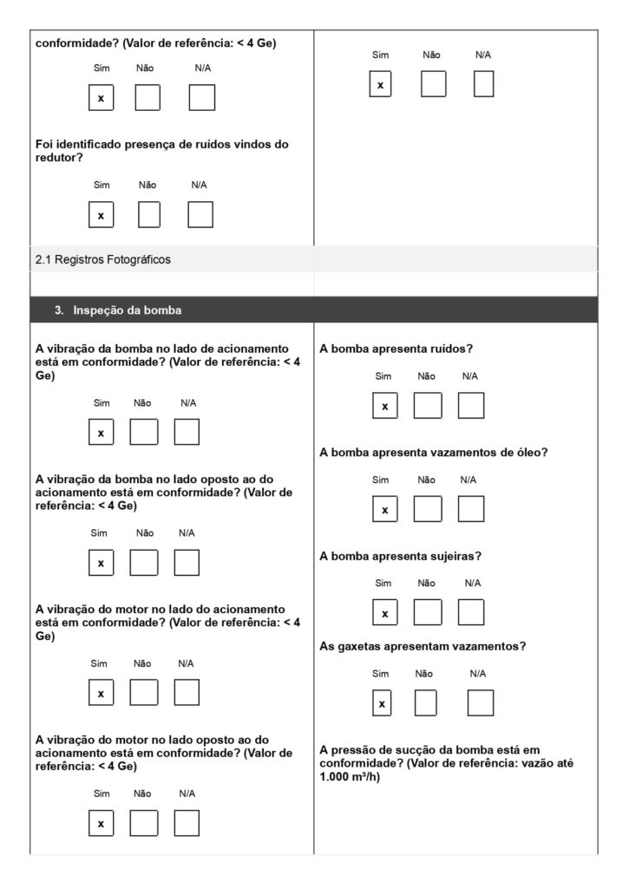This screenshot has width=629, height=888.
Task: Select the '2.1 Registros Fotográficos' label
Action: (x=103, y=259)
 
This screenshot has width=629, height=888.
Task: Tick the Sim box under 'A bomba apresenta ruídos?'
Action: (x=385, y=406)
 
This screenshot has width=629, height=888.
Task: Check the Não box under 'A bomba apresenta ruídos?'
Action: (x=427, y=406)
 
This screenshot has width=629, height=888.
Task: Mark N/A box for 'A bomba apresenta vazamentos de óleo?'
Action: (x=471, y=509)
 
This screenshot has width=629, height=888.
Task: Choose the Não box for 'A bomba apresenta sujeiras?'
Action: (x=427, y=612)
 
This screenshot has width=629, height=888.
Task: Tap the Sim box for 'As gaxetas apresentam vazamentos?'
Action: (x=382, y=703)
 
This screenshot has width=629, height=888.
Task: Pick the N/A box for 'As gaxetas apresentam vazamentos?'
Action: (x=480, y=703)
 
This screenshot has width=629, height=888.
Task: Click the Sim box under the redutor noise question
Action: (x=102, y=214)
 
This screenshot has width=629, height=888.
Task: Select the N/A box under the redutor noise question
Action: (x=200, y=214)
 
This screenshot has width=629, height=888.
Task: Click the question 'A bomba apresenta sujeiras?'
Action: (x=401, y=556)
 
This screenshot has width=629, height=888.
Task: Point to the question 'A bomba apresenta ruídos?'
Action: (x=395, y=349)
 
